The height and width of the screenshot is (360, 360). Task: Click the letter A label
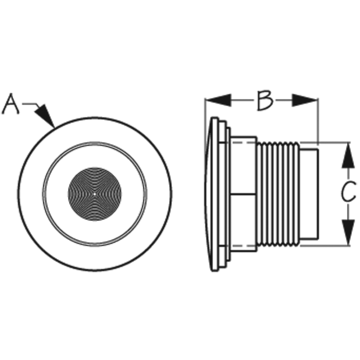[10, 104]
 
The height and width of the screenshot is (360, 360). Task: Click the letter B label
[265, 101]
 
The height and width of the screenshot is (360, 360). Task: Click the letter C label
[348, 191]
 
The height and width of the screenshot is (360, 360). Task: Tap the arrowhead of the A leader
[45, 116]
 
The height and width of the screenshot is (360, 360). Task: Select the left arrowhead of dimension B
[218, 100]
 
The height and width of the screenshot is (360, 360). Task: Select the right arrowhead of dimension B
[305, 100]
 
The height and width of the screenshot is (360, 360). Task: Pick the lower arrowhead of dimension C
[348, 232]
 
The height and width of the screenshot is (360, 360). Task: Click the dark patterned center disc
[95, 194]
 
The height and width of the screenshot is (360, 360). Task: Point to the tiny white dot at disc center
[95, 194]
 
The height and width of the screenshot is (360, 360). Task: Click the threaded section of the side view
[278, 194]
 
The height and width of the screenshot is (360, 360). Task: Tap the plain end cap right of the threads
[309, 194]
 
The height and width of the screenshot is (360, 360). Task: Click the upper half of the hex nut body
[243, 166]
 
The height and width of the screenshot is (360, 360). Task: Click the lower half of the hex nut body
[243, 223]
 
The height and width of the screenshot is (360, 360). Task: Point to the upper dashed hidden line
[243, 142]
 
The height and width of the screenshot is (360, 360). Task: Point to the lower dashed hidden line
[243, 245]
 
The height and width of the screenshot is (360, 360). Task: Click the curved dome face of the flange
[208, 194]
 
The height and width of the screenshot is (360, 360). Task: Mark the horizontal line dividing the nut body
[243, 194]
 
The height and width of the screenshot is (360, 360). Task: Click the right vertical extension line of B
[318, 122]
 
